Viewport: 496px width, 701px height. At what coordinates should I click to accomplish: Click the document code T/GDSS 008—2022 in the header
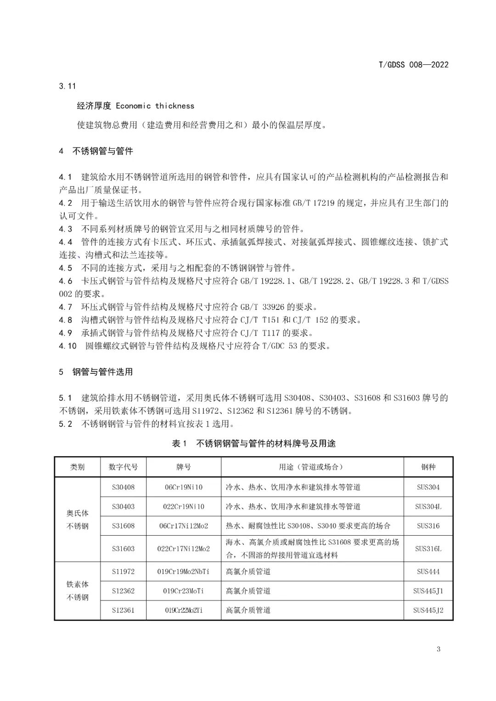[x=413, y=65]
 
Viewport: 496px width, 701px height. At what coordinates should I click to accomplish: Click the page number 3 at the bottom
[x=439, y=649]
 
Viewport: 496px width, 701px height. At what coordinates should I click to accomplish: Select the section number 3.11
[x=67, y=86]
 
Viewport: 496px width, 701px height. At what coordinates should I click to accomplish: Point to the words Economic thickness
[x=155, y=106]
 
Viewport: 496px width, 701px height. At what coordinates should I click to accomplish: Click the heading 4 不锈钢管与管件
[x=96, y=151]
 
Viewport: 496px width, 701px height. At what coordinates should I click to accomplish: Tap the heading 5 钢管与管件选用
[x=96, y=372]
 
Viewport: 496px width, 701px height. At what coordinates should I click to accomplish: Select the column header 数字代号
[x=123, y=467]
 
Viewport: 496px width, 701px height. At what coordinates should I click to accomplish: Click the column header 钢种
[x=428, y=467]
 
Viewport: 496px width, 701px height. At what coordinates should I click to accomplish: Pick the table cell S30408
[x=123, y=487]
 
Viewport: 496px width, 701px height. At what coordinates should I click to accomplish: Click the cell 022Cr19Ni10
[x=183, y=507]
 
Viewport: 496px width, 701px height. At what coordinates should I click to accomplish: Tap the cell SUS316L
[x=428, y=549]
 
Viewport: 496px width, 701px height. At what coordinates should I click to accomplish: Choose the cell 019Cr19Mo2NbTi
[x=183, y=572]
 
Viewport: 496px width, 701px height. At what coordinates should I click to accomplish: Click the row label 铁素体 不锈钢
[x=78, y=591]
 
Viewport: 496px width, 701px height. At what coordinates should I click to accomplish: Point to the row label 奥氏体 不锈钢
[x=78, y=520]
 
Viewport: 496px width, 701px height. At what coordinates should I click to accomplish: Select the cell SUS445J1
[x=428, y=591]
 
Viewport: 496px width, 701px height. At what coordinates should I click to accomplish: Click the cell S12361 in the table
[x=123, y=610]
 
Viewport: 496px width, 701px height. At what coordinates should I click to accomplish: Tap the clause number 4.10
[x=68, y=346]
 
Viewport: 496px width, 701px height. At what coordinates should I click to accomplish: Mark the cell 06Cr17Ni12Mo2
[x=183, y=526]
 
